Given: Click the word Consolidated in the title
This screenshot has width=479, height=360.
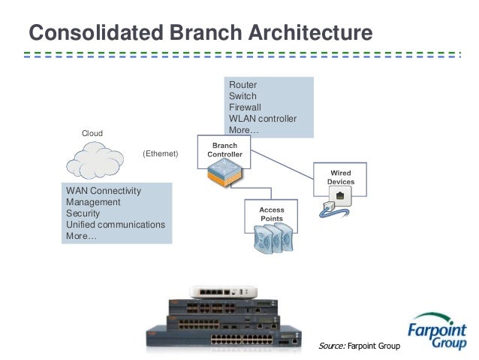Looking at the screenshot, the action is click(96, 32).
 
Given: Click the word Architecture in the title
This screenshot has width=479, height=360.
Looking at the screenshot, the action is click(310, 32).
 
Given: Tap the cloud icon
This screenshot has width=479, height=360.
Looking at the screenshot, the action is click(95, 160).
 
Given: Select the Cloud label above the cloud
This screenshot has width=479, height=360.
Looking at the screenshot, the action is click(92, 133).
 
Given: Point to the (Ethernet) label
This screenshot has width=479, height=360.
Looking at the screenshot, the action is click(161, 153).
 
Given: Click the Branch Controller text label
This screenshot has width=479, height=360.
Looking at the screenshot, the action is click(224, 150).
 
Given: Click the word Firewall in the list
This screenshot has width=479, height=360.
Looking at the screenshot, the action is click(245, 107).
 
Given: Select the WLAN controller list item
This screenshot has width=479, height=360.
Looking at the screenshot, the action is click(263, 119).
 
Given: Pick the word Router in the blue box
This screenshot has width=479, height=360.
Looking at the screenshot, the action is click(243, 85).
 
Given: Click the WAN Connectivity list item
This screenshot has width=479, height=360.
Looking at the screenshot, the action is click(104, 191).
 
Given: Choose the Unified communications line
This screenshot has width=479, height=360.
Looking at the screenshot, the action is click(116, 225).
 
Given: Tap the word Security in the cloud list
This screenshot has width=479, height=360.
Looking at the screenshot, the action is click(83, 213).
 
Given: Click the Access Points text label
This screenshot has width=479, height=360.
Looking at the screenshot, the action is click(272, 214).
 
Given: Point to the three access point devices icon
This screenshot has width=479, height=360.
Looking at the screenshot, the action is click(273, 238).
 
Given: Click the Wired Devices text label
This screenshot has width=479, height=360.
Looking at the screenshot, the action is click(341, 177).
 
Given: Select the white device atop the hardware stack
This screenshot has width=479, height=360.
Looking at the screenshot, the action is click(223, 292).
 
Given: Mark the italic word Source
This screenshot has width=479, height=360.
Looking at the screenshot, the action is click(332, 346).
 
